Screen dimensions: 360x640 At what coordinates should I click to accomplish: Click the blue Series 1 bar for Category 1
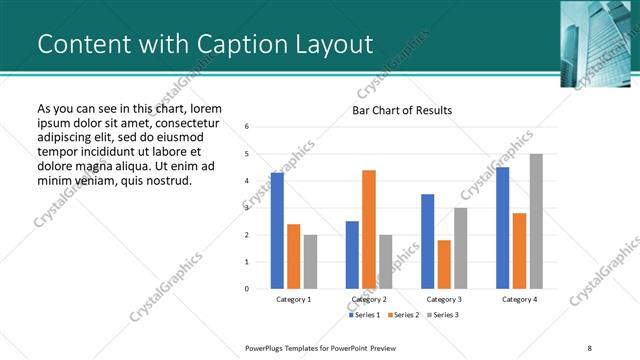pos(277,230)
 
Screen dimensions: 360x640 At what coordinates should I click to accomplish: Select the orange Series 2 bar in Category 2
pos(369,229)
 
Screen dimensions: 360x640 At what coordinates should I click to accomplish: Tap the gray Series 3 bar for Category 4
pos(536,221)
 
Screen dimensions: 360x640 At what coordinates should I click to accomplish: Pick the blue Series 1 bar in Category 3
pos(427,241)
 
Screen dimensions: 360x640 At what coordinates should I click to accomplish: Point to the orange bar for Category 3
pos(444,264)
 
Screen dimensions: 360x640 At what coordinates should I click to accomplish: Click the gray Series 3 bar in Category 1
pos(310,261)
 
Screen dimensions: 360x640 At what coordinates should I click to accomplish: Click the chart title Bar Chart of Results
pos(402,110)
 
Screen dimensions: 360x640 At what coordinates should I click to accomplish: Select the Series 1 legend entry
pos(363,315)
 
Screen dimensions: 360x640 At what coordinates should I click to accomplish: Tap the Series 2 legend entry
pos(403,315)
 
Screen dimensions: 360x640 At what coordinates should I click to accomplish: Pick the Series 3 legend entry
pos(443,315)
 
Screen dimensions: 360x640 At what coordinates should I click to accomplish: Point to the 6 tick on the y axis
pos(247,127)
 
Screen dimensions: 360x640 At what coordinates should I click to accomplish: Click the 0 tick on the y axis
pos(247,289)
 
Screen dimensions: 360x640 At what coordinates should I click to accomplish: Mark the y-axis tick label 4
pos(247,181)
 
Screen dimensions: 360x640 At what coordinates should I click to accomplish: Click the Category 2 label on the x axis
pos(369,299)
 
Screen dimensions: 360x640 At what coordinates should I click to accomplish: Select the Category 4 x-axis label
pos(519,299)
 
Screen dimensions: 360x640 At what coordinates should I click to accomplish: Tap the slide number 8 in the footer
pos(590,347)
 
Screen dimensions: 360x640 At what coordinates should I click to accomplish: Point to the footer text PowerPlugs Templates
pos(290,347)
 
